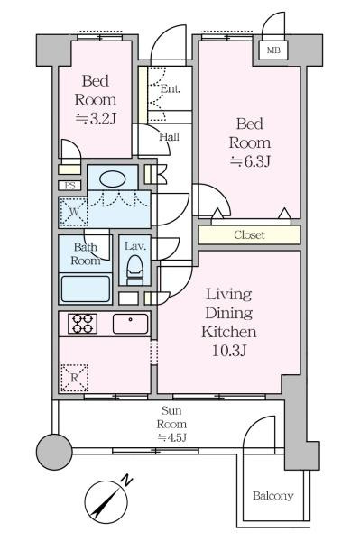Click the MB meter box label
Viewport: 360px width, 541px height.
(x=273, y=50)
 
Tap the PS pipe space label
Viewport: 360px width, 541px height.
(x=70, y=186)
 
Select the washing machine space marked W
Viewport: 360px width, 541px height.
(x=73, y=212)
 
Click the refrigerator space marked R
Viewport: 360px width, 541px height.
(x=74, y=378)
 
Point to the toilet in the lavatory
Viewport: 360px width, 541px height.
(x=134, y=270)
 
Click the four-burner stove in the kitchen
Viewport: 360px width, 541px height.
(x=82, y=324)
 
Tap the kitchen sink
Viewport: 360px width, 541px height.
(x=130, y=324)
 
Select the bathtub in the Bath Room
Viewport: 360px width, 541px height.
(x=86, y=289)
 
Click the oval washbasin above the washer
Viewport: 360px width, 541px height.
(x=112, y=179)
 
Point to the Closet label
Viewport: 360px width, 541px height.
(x=249, y=235)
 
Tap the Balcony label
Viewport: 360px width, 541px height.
(x=273, y=496)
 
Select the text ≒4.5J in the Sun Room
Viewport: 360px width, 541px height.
(x=172, y=437)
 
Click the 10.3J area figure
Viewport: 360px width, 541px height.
(x=229, y=351)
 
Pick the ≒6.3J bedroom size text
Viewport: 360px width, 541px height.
(x=250, y=161)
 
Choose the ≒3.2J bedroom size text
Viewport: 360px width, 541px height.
(x=95, y=118)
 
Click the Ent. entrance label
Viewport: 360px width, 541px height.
(x=171, y=89)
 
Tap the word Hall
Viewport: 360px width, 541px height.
(x=169, y=137)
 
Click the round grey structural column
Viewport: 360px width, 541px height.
(x=54, y=452)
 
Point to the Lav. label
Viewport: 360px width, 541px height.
(x=135, y=246)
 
